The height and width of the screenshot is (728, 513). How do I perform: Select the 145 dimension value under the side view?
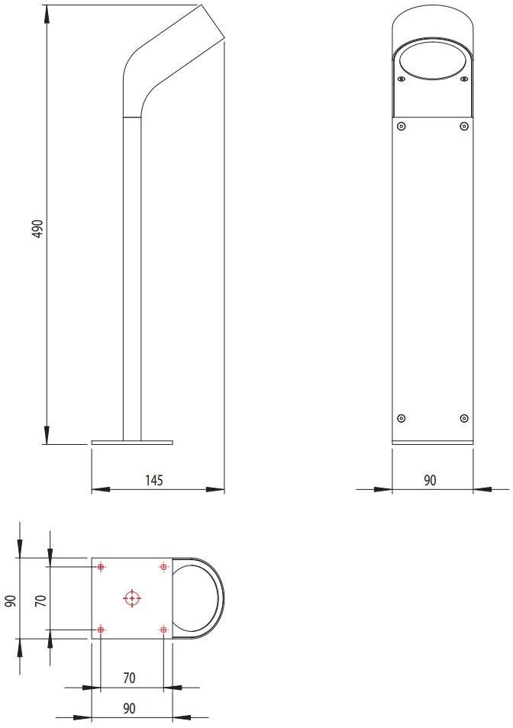tap(153, 480)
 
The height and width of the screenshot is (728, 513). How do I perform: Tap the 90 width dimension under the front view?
tap(430, 480)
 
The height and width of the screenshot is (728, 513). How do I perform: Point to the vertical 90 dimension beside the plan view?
tap(10, 598)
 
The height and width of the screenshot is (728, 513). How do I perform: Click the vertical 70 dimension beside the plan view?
tap(41, 598)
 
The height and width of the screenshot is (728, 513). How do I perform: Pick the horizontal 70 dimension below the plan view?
tap(129, 678)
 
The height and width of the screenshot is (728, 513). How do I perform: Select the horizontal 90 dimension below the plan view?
tap(129, 708)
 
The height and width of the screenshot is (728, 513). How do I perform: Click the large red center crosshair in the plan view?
tap(132, 598)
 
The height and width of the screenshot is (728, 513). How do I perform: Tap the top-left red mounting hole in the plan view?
tap(102, 567)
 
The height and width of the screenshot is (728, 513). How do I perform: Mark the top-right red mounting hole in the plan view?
tap(163, 567)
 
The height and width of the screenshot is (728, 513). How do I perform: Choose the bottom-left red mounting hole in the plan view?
tap(102, 630)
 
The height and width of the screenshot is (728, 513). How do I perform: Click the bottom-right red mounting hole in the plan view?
tap(163, 630)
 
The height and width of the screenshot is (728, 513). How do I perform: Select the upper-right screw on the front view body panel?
tap(463, 126)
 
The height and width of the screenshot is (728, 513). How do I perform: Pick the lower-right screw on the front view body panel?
tap(463, 417)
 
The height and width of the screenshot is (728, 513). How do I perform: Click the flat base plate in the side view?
tap(132, 442)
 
